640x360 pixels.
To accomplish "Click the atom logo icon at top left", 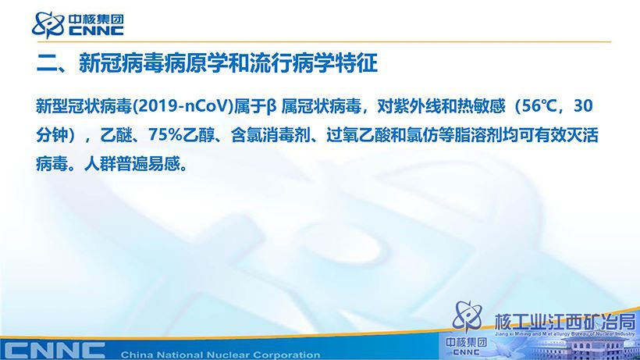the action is pyautogui.click(x=48, y=25).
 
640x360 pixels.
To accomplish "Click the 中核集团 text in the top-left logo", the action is pyautogui.click(x=96, y=20).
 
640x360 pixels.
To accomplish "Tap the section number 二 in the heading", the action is pyautogui.click(x=47, y=64).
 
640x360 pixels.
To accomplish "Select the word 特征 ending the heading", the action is pyautogui.click(x=356, y=63).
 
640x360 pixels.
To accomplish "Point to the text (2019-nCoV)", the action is pyautogui.click(x=182, y=106).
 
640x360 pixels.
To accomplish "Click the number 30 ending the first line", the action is pyautogui.click(x=583, y=106).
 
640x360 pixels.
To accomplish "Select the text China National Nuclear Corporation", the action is pyautogui.click(x=220, y=355).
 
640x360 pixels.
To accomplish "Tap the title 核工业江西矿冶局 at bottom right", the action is pyautogui.click(x=565, y=322).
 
